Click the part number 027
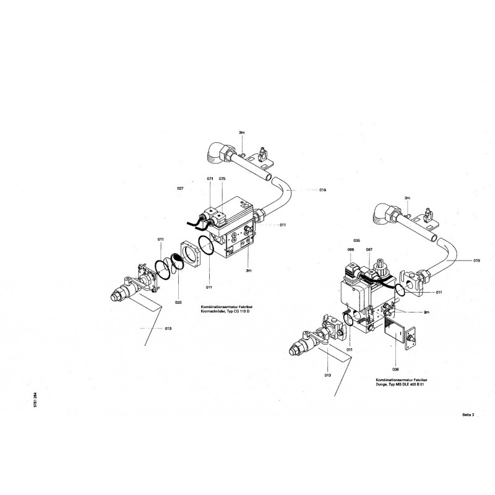[180, 186]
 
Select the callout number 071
[210, 179]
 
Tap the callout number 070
[222, 179]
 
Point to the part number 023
[178, 303]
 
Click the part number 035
[357, 239]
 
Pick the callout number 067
[369, 249]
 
